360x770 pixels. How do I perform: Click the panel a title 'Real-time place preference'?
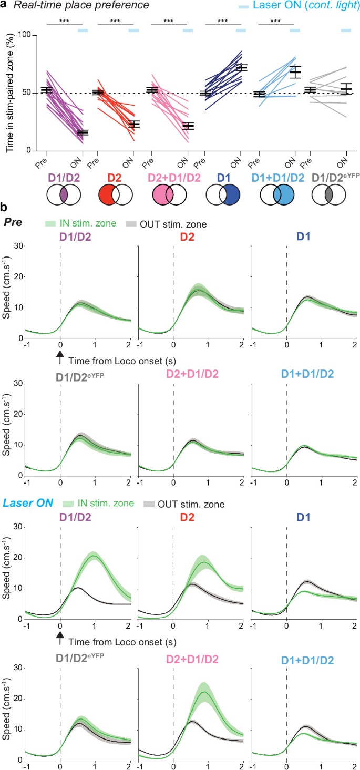[81, 6]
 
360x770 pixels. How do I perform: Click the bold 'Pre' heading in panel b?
[12, 222]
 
